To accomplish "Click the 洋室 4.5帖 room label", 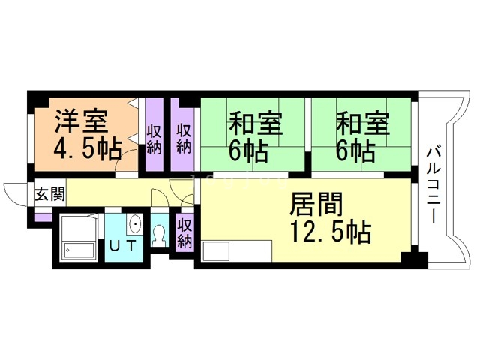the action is (88, 135).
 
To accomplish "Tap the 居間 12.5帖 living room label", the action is (331, 218).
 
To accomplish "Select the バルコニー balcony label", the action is (433, 185).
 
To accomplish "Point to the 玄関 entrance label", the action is (50, 194).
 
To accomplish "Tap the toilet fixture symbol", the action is (159, 235).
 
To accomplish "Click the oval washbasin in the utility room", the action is (135, 224).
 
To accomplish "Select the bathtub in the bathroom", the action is (79, 250).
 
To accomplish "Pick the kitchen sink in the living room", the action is (216, 251).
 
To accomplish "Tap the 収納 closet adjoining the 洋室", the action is (154, 135).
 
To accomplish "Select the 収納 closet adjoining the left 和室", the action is (183, 135).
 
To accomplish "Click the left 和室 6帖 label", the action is (255, 136).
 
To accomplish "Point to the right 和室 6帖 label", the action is (363, 136).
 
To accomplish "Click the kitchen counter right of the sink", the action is (250, 251).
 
